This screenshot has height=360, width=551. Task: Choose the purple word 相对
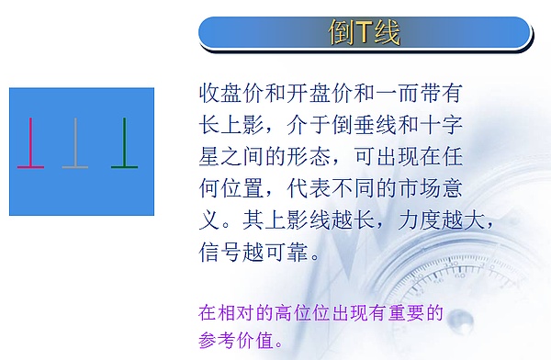click(238, 312)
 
